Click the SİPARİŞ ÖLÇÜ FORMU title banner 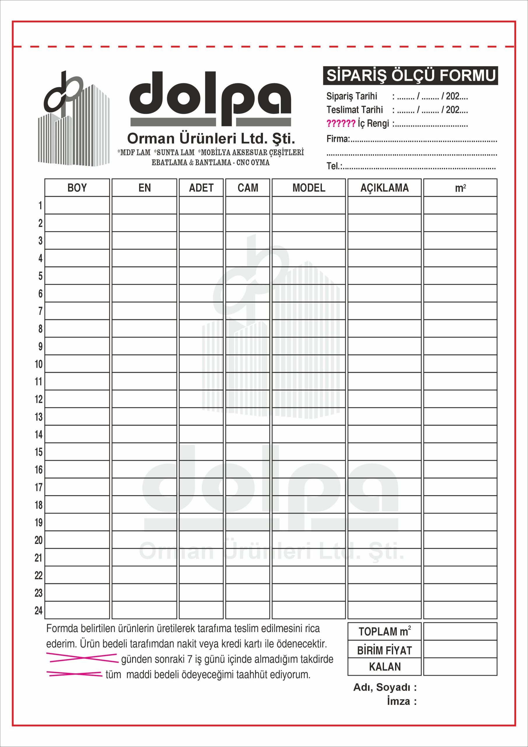410,76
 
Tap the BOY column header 77,188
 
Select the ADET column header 201,188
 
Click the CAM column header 248,188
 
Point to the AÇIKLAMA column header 384,188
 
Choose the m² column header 460,188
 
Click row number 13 39,417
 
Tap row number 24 39,610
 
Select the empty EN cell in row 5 144,275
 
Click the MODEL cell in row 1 308,205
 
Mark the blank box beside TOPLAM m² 460,632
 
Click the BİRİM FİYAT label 384,650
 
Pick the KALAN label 385,667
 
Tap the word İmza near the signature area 399,701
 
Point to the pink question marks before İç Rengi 341,124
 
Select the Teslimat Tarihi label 355,110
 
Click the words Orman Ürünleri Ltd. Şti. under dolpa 211,139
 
